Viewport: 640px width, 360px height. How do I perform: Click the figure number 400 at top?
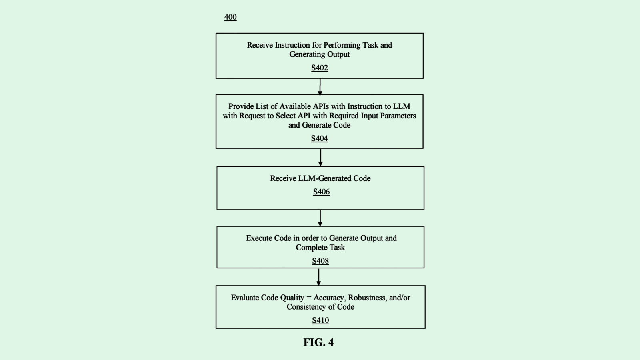pyautogui.click(x=230, y=17)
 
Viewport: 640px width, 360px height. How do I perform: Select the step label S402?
pyautogui.click(x=320, y=68)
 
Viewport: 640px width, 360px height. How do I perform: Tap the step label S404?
pyautogui.click(x=320, y=138)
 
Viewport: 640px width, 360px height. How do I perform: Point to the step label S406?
pyautogui.click(x=322, y=192)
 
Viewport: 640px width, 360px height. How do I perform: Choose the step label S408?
pyautogui.click(x=320, y=261)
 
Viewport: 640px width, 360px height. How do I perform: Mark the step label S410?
pyautogui.click(x=320, y=320)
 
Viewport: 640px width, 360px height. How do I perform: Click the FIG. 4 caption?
pyautogui.click(x=318, y=342)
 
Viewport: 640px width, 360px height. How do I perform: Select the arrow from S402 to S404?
pyautogui.click(x=320, y=87)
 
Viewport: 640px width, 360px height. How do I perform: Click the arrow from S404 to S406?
pyautogui.click(x=320, y=158)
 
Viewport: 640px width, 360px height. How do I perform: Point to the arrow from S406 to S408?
pyautogui.click(x=320, y=218)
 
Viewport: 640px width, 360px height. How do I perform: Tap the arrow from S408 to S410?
pyautogui.click(x=319, y=277)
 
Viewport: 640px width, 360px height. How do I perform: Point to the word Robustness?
pyautogui.click(x=368, y=298)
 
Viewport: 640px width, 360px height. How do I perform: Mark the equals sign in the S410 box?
pyautogui.click(x=308, y=298)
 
